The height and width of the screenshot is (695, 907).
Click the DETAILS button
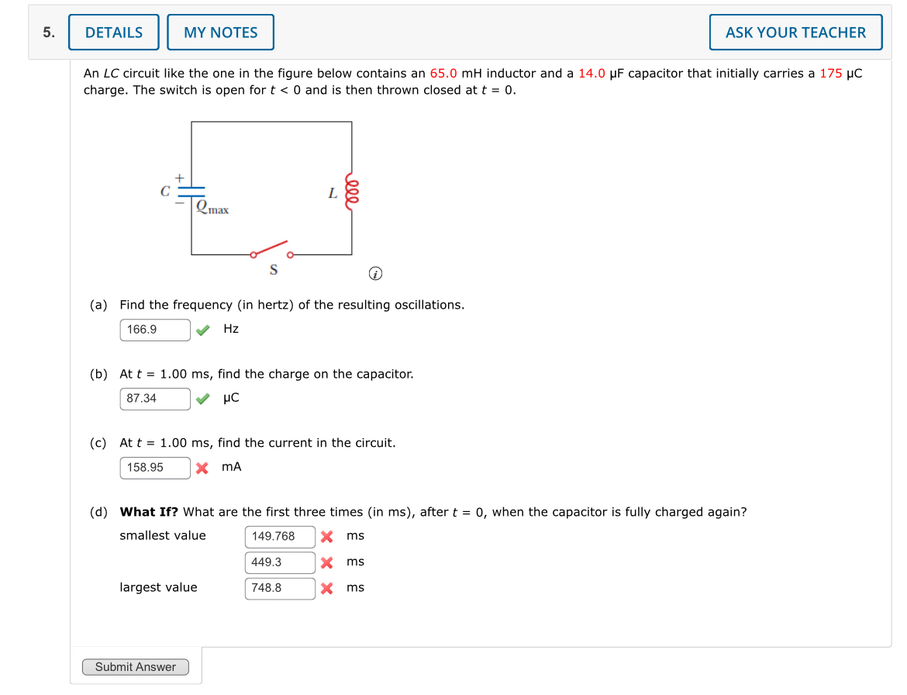click(114, 33)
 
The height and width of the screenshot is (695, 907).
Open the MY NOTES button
click(220, 33)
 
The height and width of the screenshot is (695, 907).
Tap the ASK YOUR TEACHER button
click(795, 33)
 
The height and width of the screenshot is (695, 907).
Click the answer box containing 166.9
click(155, 330)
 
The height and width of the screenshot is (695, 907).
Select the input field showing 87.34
click(155, 399)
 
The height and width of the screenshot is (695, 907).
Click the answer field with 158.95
click(155, 468)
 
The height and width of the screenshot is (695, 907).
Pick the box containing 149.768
click(280, 537)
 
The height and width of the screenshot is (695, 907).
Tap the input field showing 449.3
click(280, 562)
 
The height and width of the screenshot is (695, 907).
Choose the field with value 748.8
click(280, 588)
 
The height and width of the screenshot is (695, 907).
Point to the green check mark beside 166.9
click(202, 330)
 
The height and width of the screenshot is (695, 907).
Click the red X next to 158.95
click(202, 469)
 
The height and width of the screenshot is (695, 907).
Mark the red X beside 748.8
click(327, 589)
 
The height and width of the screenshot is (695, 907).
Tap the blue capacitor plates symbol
click(191, 191)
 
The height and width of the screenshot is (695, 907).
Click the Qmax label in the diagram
click(212, 208)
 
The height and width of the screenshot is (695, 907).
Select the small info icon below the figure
click(375, 274)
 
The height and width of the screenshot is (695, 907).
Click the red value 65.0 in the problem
click(443, 74)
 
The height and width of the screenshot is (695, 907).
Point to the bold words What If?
click(148, 512)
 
